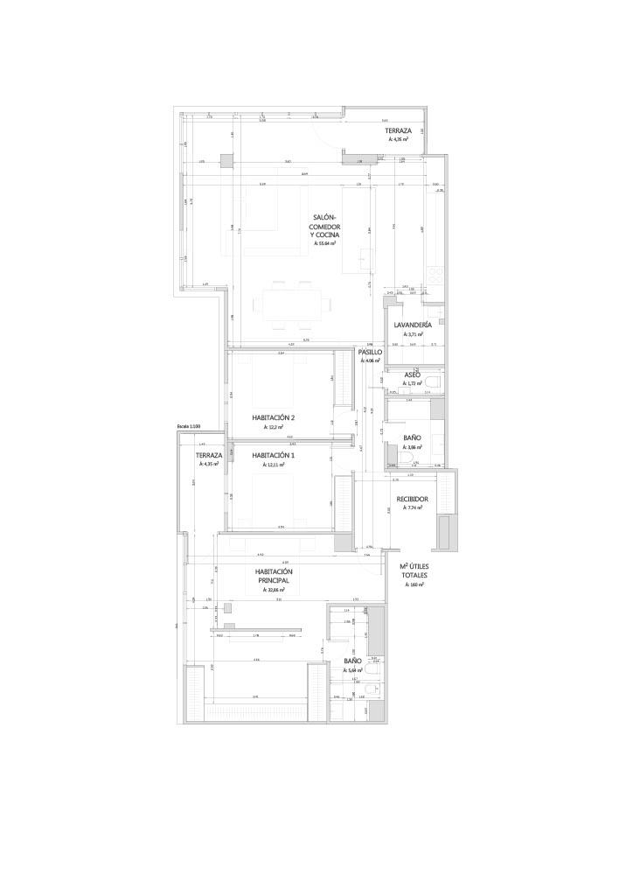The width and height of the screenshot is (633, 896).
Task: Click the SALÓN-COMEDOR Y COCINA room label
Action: [x=323, y=227]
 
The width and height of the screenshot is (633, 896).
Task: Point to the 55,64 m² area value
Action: [x=323, y=245]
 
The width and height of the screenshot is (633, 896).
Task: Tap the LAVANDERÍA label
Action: [x=413, y=325]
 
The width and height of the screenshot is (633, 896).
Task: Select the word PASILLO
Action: [x=370, y=352]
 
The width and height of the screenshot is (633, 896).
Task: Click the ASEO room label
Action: [x=413, y=374]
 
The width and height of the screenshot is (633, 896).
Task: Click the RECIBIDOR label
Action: [x=412, y=499]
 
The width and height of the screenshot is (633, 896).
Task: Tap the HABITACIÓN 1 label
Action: [x=274, y=456]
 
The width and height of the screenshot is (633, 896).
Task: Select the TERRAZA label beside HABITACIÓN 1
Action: [x=209, y=455]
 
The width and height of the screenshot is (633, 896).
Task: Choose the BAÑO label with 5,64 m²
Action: [x=352, y=661]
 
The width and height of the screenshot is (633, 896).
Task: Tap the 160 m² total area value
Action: [x=414, y=584]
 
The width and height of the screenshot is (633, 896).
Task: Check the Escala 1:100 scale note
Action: [x=188, y=426]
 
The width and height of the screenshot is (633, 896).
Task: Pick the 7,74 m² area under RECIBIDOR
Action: [x=412, y=508]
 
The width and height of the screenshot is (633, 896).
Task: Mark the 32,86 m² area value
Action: [x=274, y=591]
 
